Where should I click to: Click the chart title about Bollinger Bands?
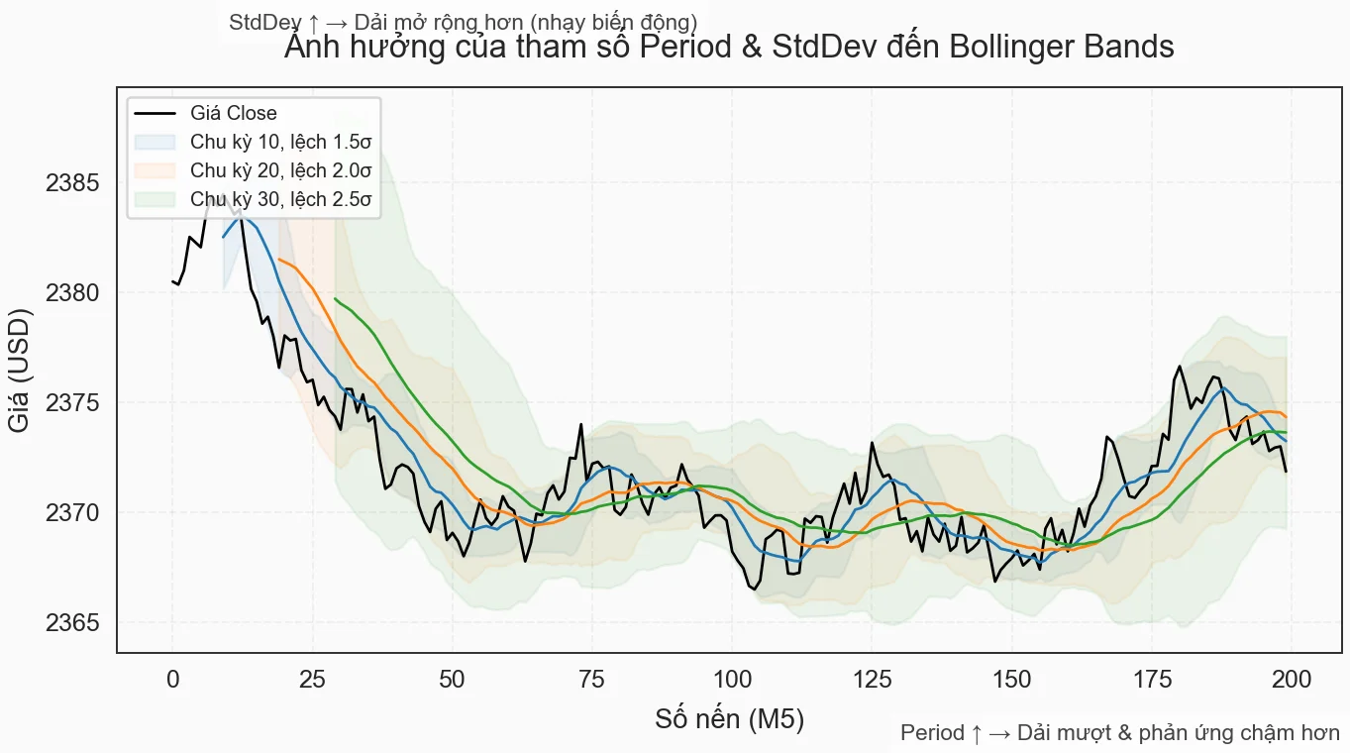click(x=729, y=48)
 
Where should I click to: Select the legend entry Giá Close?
click(x=234, y=114)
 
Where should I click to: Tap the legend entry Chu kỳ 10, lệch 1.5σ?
click(x=280, y=143)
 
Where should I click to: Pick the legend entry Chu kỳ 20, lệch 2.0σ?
click(x=280, y=171)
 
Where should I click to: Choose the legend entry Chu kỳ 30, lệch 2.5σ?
click(x=280, y=200)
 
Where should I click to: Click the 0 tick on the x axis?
click(x=173, y=681)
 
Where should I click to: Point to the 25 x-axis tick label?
click(x=313, y=681)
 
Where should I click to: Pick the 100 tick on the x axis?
click(x=732, y=681)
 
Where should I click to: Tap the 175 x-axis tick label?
click(x=1152, y=681)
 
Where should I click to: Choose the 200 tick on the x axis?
click(x=1292, y=681)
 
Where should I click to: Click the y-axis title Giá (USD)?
click(x=19, y=370)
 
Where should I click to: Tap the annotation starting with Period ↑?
click(x=1119, y=734)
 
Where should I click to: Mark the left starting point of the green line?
click(x=336, y=298)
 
